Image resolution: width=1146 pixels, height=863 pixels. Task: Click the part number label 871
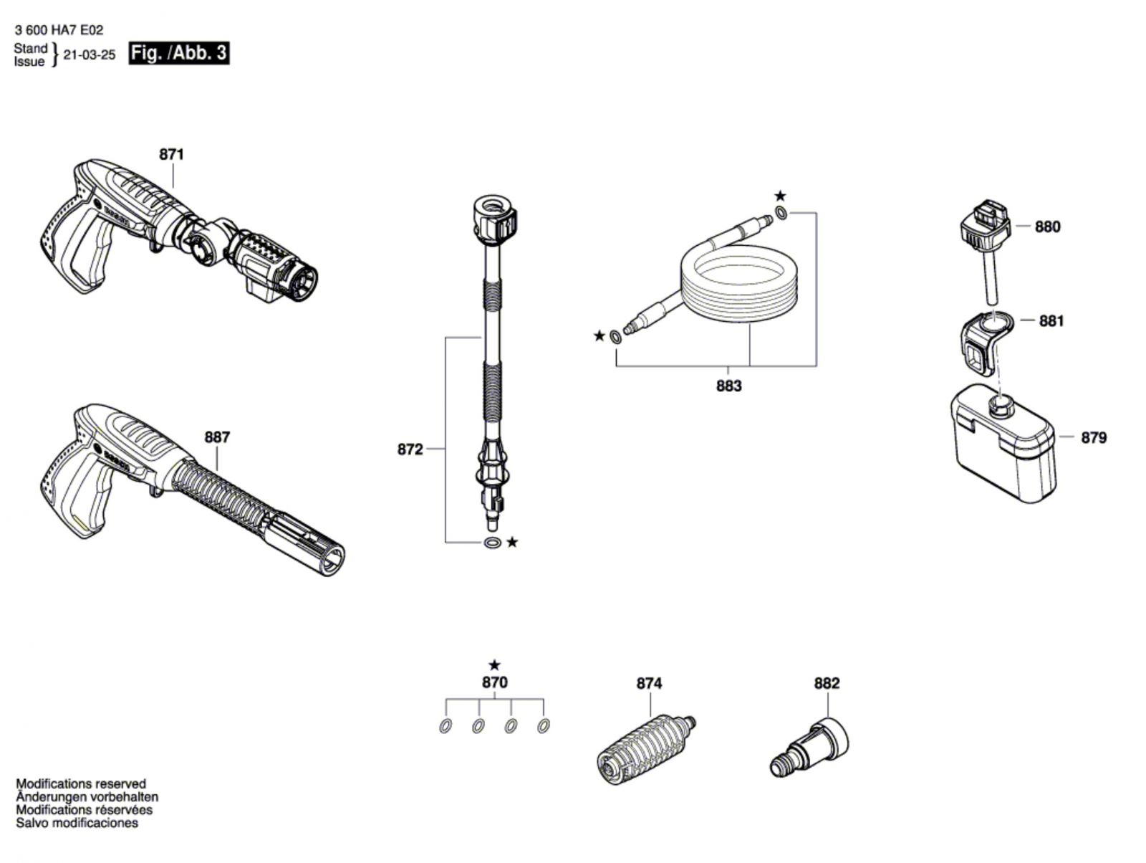point(172,154)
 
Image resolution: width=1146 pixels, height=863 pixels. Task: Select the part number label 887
point(217,437)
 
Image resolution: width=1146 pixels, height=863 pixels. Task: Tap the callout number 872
point(410,449)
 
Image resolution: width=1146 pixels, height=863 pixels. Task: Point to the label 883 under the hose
point(729,386)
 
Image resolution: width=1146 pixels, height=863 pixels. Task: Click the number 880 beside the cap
point(1047,227)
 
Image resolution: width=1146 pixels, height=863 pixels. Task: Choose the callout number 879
point(1094,438)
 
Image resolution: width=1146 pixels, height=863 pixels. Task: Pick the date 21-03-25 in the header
point(90,55)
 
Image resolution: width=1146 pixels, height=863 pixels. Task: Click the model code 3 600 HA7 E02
point(59,31)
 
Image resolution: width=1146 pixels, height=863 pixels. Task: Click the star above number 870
point(494,665)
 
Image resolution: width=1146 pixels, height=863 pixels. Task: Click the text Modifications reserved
point(81,784)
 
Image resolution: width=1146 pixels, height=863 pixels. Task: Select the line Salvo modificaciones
point(77,823)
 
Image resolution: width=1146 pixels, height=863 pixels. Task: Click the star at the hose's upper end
point(780,196)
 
